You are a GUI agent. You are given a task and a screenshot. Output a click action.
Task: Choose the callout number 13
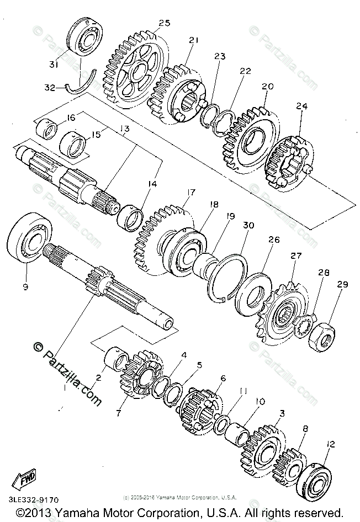(x=124, y=129)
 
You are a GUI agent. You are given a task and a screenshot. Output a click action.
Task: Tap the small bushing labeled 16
(x=46, y=131)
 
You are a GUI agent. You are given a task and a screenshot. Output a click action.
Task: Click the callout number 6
(x=223, y=378)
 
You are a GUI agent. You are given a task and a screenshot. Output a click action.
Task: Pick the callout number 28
(x=323, y=273)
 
